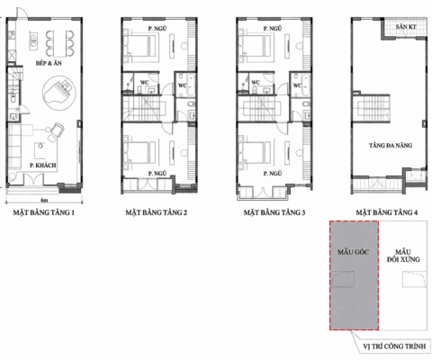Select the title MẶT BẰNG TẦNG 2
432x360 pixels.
[157, 213]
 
